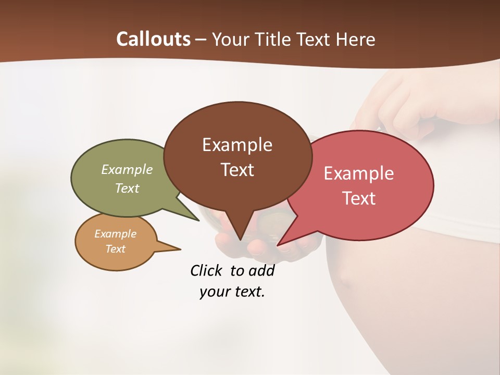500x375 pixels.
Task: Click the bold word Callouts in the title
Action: point(153,39)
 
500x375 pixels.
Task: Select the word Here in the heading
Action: point(356,40)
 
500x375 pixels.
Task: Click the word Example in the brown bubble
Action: point(237,145)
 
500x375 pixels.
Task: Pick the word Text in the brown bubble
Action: point(237,170)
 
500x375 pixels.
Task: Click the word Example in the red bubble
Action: point(359,173)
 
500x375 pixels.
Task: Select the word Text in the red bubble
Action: point(359,198)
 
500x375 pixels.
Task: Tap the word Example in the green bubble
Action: point(127,170)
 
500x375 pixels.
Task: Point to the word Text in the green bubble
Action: point(127,188)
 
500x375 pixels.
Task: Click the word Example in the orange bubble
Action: point(115,234)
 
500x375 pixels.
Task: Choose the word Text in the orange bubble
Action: point(115,249)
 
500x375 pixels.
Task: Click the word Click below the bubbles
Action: point(206,270)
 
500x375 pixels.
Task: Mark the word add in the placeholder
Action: point(261,270)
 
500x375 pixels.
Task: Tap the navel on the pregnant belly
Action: point(345,281)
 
